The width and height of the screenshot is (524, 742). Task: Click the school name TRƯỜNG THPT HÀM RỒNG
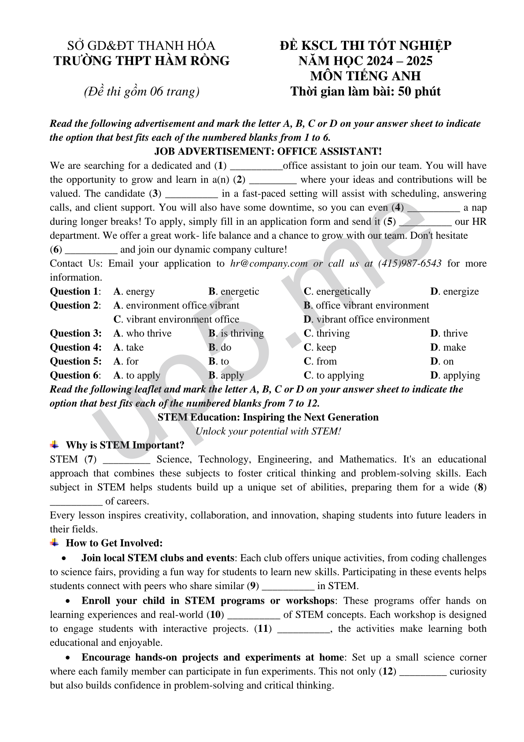point(141,61)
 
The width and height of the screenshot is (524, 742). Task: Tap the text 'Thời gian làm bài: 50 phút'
point(365,92)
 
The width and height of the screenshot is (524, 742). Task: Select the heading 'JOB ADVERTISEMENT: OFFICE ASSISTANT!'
point(268,152)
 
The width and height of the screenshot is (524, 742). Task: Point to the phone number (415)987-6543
point(410,263)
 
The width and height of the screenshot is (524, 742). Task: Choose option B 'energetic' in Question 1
point(234,292)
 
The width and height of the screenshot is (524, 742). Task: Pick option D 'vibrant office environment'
point(366,319)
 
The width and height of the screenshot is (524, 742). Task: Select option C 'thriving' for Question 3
point(327,334)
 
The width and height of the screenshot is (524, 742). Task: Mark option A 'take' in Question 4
point(129,348)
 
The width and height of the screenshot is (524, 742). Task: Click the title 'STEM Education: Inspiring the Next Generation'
point(268,417)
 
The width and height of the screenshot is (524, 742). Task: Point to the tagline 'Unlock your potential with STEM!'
point(268,431)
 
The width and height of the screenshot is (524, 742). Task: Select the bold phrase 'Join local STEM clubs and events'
point(158,558)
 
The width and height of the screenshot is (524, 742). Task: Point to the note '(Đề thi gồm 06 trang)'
point(141,92)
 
